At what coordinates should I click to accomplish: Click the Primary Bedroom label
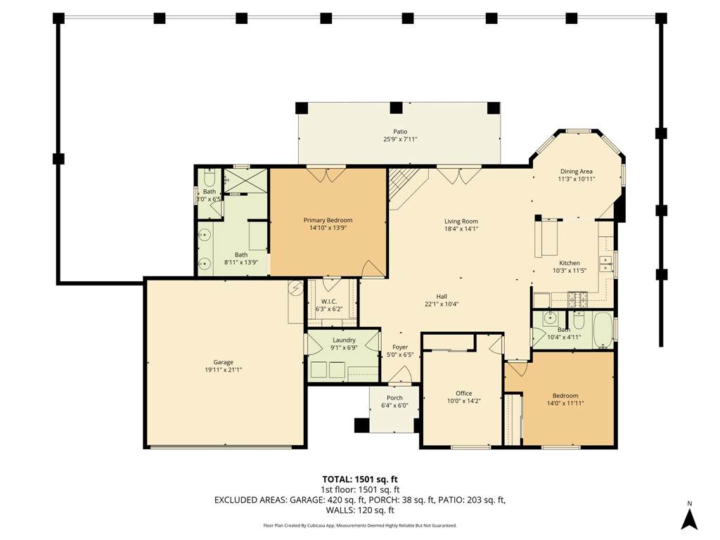point(328,220)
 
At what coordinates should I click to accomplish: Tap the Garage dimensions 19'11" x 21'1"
point(223,370)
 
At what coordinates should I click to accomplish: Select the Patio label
point(400,131)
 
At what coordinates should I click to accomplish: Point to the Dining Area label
point(577,172)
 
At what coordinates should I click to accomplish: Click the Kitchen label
point(570,263)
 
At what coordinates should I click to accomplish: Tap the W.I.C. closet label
point(329,302)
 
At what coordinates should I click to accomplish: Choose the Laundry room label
point(344,340)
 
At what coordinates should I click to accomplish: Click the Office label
point(464,393)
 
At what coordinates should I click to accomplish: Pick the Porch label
point(394,398)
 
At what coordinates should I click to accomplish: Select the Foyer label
point(400,347)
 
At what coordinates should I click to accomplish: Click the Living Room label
point(461,221)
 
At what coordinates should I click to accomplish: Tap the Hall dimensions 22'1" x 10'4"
point(442,304)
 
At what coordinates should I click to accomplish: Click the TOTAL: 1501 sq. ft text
point(360,480)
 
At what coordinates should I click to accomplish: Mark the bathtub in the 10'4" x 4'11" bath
point(603,330)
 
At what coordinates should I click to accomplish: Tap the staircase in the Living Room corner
point(404,186)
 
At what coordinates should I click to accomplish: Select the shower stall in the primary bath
point(245,181)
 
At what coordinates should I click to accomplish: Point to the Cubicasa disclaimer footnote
point(360,525)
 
